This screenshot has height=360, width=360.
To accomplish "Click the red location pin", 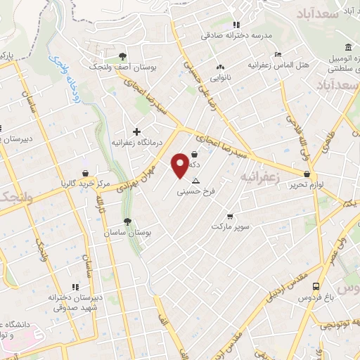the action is (x=180, y=165).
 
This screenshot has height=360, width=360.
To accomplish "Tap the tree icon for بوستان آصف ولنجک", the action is (x=123, y=56).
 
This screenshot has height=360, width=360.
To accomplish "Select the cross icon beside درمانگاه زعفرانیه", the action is (x=136, y=131).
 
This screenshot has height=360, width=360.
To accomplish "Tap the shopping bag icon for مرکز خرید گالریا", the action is (x=85, y=173).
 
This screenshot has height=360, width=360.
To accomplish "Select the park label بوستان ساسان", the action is (x=127, y=232).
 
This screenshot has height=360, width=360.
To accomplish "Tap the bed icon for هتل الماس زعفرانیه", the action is (x=278, y=54).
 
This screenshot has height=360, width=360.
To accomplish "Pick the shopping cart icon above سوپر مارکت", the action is (x=229, y=217).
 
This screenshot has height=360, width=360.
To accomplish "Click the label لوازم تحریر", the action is (x=307, y=184).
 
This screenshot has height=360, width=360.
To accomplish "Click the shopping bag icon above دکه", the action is (x=194, y=154).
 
